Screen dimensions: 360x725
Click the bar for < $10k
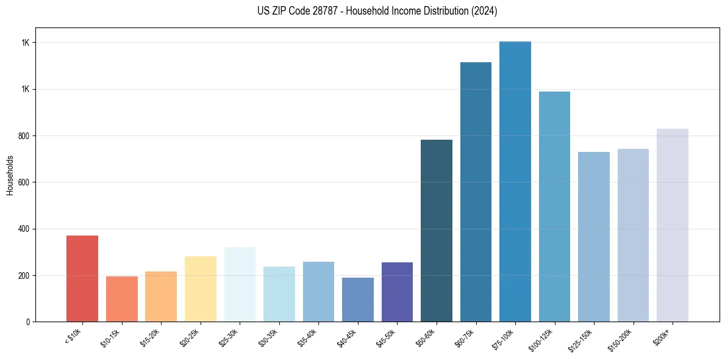click(82, 278)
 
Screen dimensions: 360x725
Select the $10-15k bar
click(121, 299)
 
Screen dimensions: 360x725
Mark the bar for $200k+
click(672, 225)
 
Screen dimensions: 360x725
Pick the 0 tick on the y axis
click(28, 322)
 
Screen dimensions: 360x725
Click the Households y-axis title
click(10, 175)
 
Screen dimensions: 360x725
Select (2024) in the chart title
click(485, 11)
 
